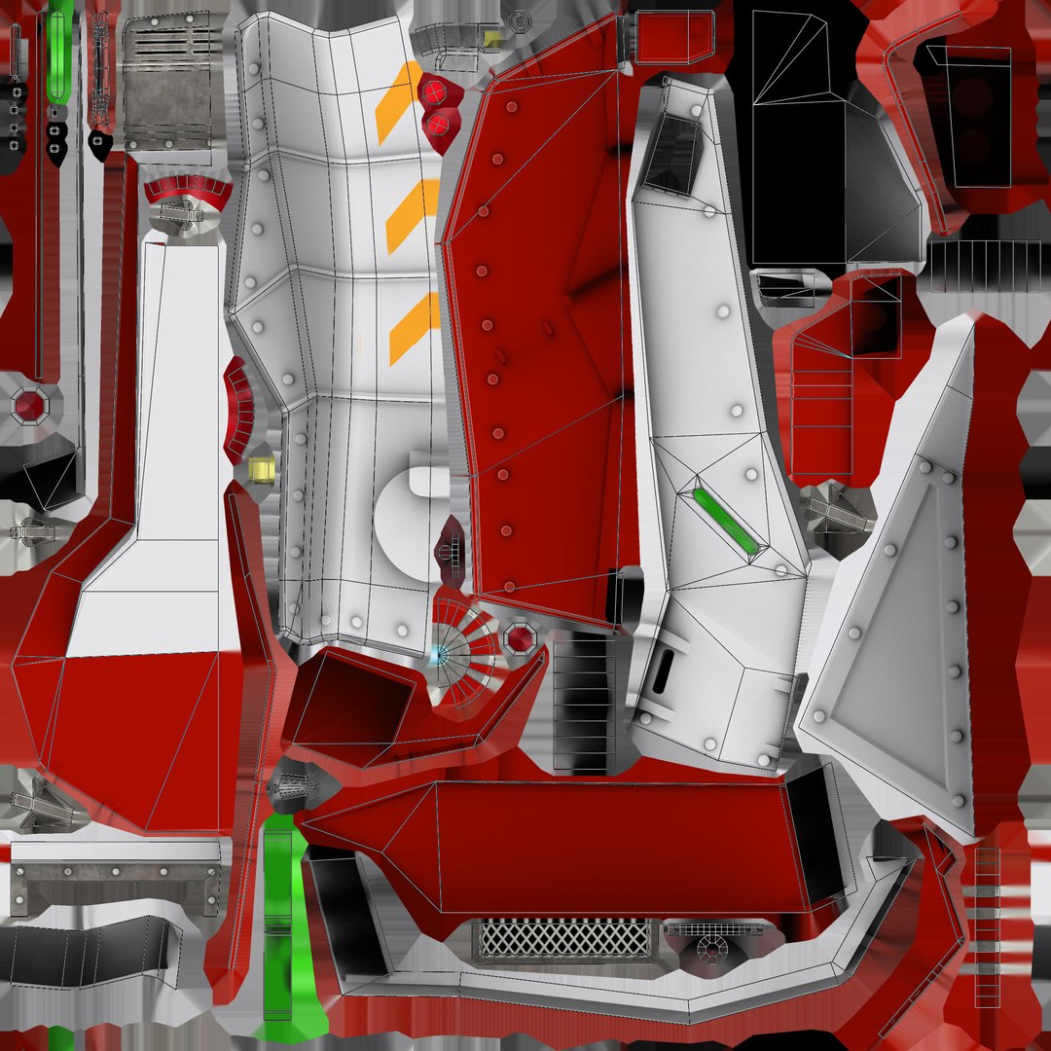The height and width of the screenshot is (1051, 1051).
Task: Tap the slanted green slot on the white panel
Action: tap(726, 520)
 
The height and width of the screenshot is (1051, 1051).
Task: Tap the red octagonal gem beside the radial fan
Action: tap(520, 639)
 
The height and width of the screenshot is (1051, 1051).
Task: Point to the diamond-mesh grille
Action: tap(564, 939)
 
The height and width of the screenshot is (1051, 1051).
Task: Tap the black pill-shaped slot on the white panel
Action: tap(664, 670)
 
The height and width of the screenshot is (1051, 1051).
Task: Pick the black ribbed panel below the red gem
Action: tap(584, 701)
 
